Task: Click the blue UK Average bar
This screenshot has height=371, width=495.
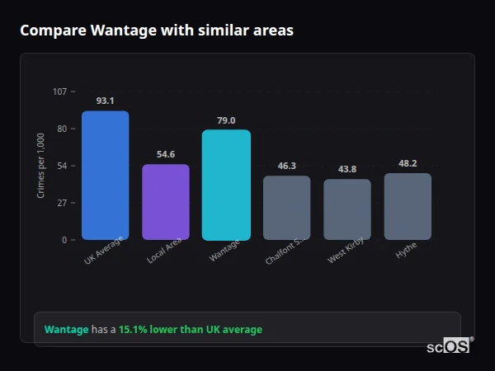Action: tap(105, 176)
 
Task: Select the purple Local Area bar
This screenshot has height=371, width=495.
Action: tap(166, 202)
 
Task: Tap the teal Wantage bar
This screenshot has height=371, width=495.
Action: tap(226, 185)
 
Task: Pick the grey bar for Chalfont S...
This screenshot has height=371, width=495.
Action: tap(287, 208)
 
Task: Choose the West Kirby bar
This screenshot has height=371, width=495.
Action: tap(347, 209)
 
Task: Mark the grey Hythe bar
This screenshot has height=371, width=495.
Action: tap(408, 206)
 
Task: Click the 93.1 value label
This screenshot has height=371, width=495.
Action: tap(105, 101)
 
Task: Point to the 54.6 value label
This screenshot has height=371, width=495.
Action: tap(166, 154)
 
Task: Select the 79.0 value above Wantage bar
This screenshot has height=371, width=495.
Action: tap(226, 120)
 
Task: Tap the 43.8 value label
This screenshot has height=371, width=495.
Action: tap(347, 169)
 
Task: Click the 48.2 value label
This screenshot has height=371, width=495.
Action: tap(408, 163)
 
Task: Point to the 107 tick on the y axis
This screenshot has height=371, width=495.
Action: tap(60, 92)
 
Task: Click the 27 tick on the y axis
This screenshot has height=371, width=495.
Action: tap(63, 203)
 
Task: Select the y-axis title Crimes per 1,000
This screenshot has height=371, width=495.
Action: tap(41, 165)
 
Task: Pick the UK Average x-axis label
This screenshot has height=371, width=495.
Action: tap(103, 251)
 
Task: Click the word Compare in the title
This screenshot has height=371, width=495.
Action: tap(49, 31)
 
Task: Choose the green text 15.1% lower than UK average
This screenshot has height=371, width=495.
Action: tap(191, 330)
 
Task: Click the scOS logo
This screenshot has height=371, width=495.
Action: tap(449, 346)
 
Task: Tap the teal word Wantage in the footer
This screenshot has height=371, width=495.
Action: tap(66, 330)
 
